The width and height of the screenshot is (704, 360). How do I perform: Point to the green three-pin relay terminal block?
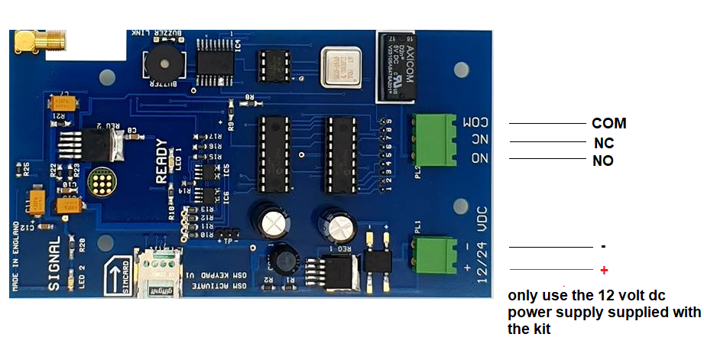pos(433,140)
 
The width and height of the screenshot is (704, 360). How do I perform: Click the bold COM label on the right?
pos(608,124)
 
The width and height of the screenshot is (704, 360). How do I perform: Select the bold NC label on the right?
pos(604,143)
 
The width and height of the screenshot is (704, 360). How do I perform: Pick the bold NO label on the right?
pos(603,161)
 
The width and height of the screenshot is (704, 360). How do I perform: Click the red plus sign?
pos(604,271)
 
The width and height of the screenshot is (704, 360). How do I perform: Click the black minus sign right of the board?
pos(603,247)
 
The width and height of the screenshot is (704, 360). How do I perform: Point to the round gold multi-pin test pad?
pos(99,183)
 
